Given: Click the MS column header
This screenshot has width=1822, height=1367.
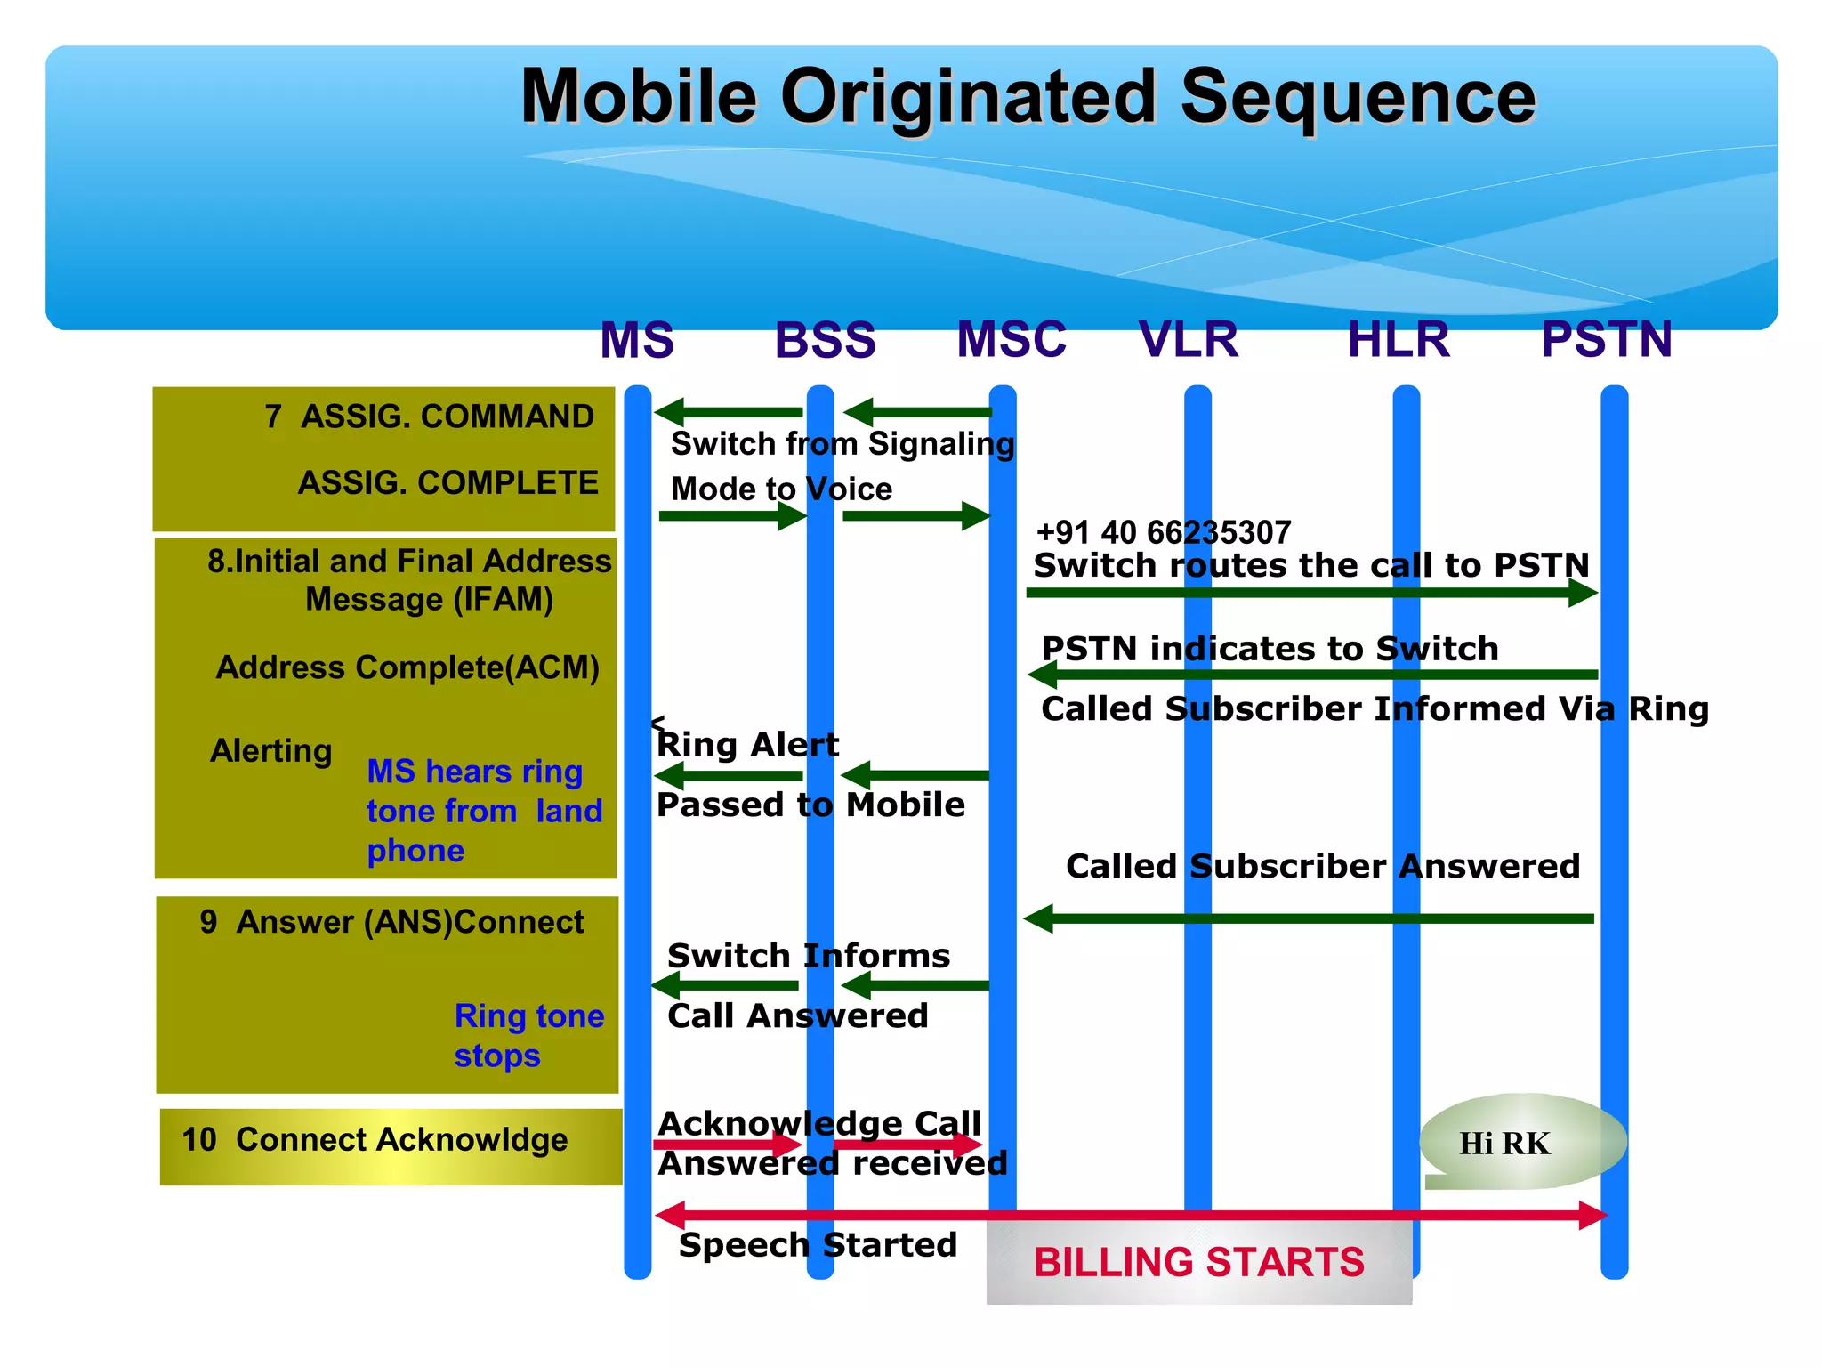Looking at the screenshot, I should pyautogui.click(x=637, y=340).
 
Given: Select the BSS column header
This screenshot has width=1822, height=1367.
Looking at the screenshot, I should pyautogui.click(x=825, y=340).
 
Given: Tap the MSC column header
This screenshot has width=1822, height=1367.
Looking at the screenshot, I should pyautogui.click(x=1012, y=339).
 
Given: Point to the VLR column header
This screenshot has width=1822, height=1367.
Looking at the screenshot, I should pyautogui.click(x=1189, y=339).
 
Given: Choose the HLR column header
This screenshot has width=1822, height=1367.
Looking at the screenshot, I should pyautogui.click(x=1399, y=339).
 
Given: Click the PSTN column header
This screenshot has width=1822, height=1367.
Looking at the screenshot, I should pyautogui.click(x=1607, y=339).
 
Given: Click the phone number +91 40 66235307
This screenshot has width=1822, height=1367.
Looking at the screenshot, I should pyautogui.click(x=1164, y=532).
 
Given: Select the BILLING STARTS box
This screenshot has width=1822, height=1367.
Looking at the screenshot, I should pyautogui.click(x=1198, y=1262).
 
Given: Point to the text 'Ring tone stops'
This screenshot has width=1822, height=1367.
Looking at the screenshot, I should pyautogui.click(x=528, y=1035).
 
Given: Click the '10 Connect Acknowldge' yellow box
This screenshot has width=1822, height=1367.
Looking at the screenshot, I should pyautogui.click(x=390, y=1145).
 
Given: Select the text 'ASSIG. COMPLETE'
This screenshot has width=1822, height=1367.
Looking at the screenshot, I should pyautogui.click(x=447, y=482).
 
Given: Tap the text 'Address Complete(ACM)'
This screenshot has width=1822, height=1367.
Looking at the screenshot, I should pyautogui.click(x=407, y=667).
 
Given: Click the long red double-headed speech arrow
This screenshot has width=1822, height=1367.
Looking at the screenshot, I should pyautogui.click(x=1130, y=1215).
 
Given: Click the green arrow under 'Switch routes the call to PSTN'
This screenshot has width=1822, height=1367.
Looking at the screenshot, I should pyautogui.click(x=1311, y=593).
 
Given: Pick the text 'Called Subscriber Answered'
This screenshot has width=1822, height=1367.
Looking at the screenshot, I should pyautogui.click(x=1322, y=866).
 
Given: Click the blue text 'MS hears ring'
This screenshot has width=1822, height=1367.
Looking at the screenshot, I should pyautogui.click(x=474, y=771).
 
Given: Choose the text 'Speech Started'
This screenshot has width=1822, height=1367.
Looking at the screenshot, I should pyautogui.click(x=818, y=1244).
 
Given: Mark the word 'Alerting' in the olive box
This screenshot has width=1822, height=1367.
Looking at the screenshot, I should pyautogui.click(x=270, y=751).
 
